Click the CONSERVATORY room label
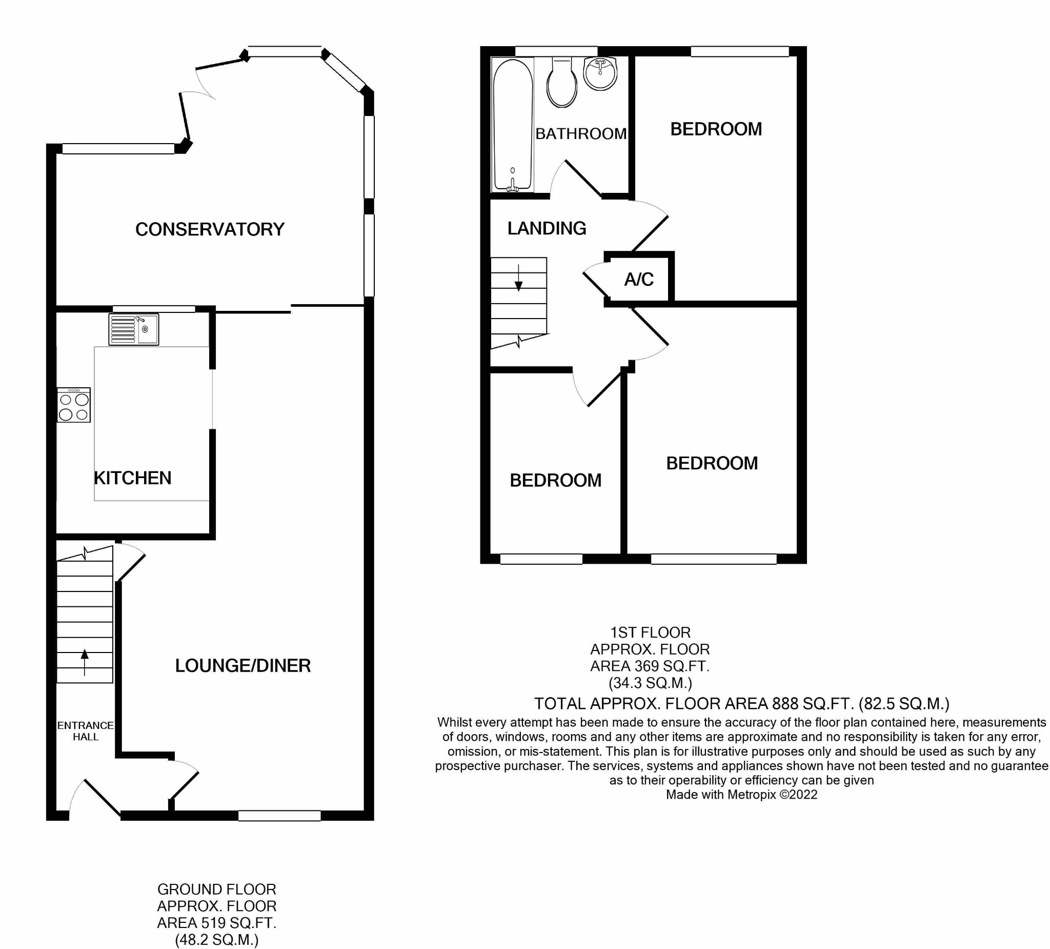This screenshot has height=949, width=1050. tap(210, 229)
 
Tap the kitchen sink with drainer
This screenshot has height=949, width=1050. tap(134, 329)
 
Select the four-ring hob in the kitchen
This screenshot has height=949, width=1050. tap(74, 405)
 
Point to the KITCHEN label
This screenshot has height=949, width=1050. tap(133, 478)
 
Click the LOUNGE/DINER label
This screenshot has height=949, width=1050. tap(243, 665)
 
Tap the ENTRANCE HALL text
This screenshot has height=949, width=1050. tap(86, 731)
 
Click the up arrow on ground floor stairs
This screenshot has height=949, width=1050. tap(85, 661)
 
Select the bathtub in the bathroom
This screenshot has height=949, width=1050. tap(513, 125)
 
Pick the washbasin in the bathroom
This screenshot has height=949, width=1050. tap(600, 73)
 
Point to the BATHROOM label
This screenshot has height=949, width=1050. tap(581, 134)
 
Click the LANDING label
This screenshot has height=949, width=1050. tap(547, 228)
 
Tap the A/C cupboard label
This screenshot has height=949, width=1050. tap(639, 280)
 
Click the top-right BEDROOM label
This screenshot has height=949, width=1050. tap(716, 129)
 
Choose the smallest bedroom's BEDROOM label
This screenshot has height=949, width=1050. tap(556, 481)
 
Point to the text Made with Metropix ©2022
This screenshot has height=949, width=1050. tap(742, 795)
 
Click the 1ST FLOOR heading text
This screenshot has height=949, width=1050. tap(651, 632)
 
